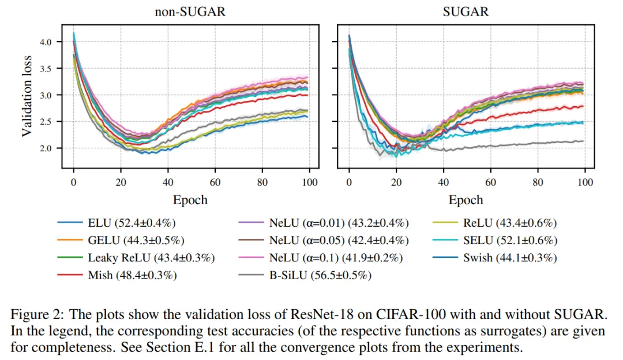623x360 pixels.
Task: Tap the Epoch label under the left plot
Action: coord(190,200)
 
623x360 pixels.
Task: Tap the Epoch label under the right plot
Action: coord(466,200)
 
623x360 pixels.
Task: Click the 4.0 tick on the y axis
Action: coord(46,42)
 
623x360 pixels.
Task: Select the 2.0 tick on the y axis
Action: coord(46,148)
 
